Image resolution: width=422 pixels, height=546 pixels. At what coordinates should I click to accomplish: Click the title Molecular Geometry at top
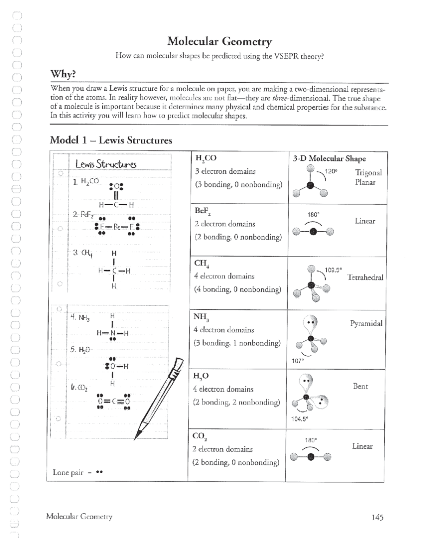219,41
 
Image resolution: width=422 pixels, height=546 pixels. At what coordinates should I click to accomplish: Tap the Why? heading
63,74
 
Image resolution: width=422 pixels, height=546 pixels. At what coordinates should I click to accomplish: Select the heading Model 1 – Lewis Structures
111,140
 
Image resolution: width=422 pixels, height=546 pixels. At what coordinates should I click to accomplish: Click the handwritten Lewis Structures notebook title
106,164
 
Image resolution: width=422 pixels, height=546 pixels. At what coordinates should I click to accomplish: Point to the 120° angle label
331,171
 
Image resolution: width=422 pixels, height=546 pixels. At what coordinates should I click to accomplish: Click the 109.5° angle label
333,270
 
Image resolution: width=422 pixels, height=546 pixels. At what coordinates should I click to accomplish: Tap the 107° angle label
297,361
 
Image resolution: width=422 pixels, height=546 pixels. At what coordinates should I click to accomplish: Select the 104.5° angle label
299,419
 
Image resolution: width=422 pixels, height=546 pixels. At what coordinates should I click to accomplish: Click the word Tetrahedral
365,277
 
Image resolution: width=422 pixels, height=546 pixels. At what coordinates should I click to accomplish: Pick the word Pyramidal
366,323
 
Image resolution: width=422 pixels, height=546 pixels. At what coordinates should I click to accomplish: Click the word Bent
360,386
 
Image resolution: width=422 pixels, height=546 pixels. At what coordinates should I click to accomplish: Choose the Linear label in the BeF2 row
365,221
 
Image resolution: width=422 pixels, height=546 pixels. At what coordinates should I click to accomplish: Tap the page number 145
377,517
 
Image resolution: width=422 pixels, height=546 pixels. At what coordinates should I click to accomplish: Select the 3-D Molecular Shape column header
329,159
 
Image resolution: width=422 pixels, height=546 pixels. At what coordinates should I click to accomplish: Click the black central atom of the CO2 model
311,457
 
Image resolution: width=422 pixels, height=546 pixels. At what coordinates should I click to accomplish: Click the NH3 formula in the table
201,316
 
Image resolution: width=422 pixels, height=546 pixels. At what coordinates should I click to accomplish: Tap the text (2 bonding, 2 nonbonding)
236,402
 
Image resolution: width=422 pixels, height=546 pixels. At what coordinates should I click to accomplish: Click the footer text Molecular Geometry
79,516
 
